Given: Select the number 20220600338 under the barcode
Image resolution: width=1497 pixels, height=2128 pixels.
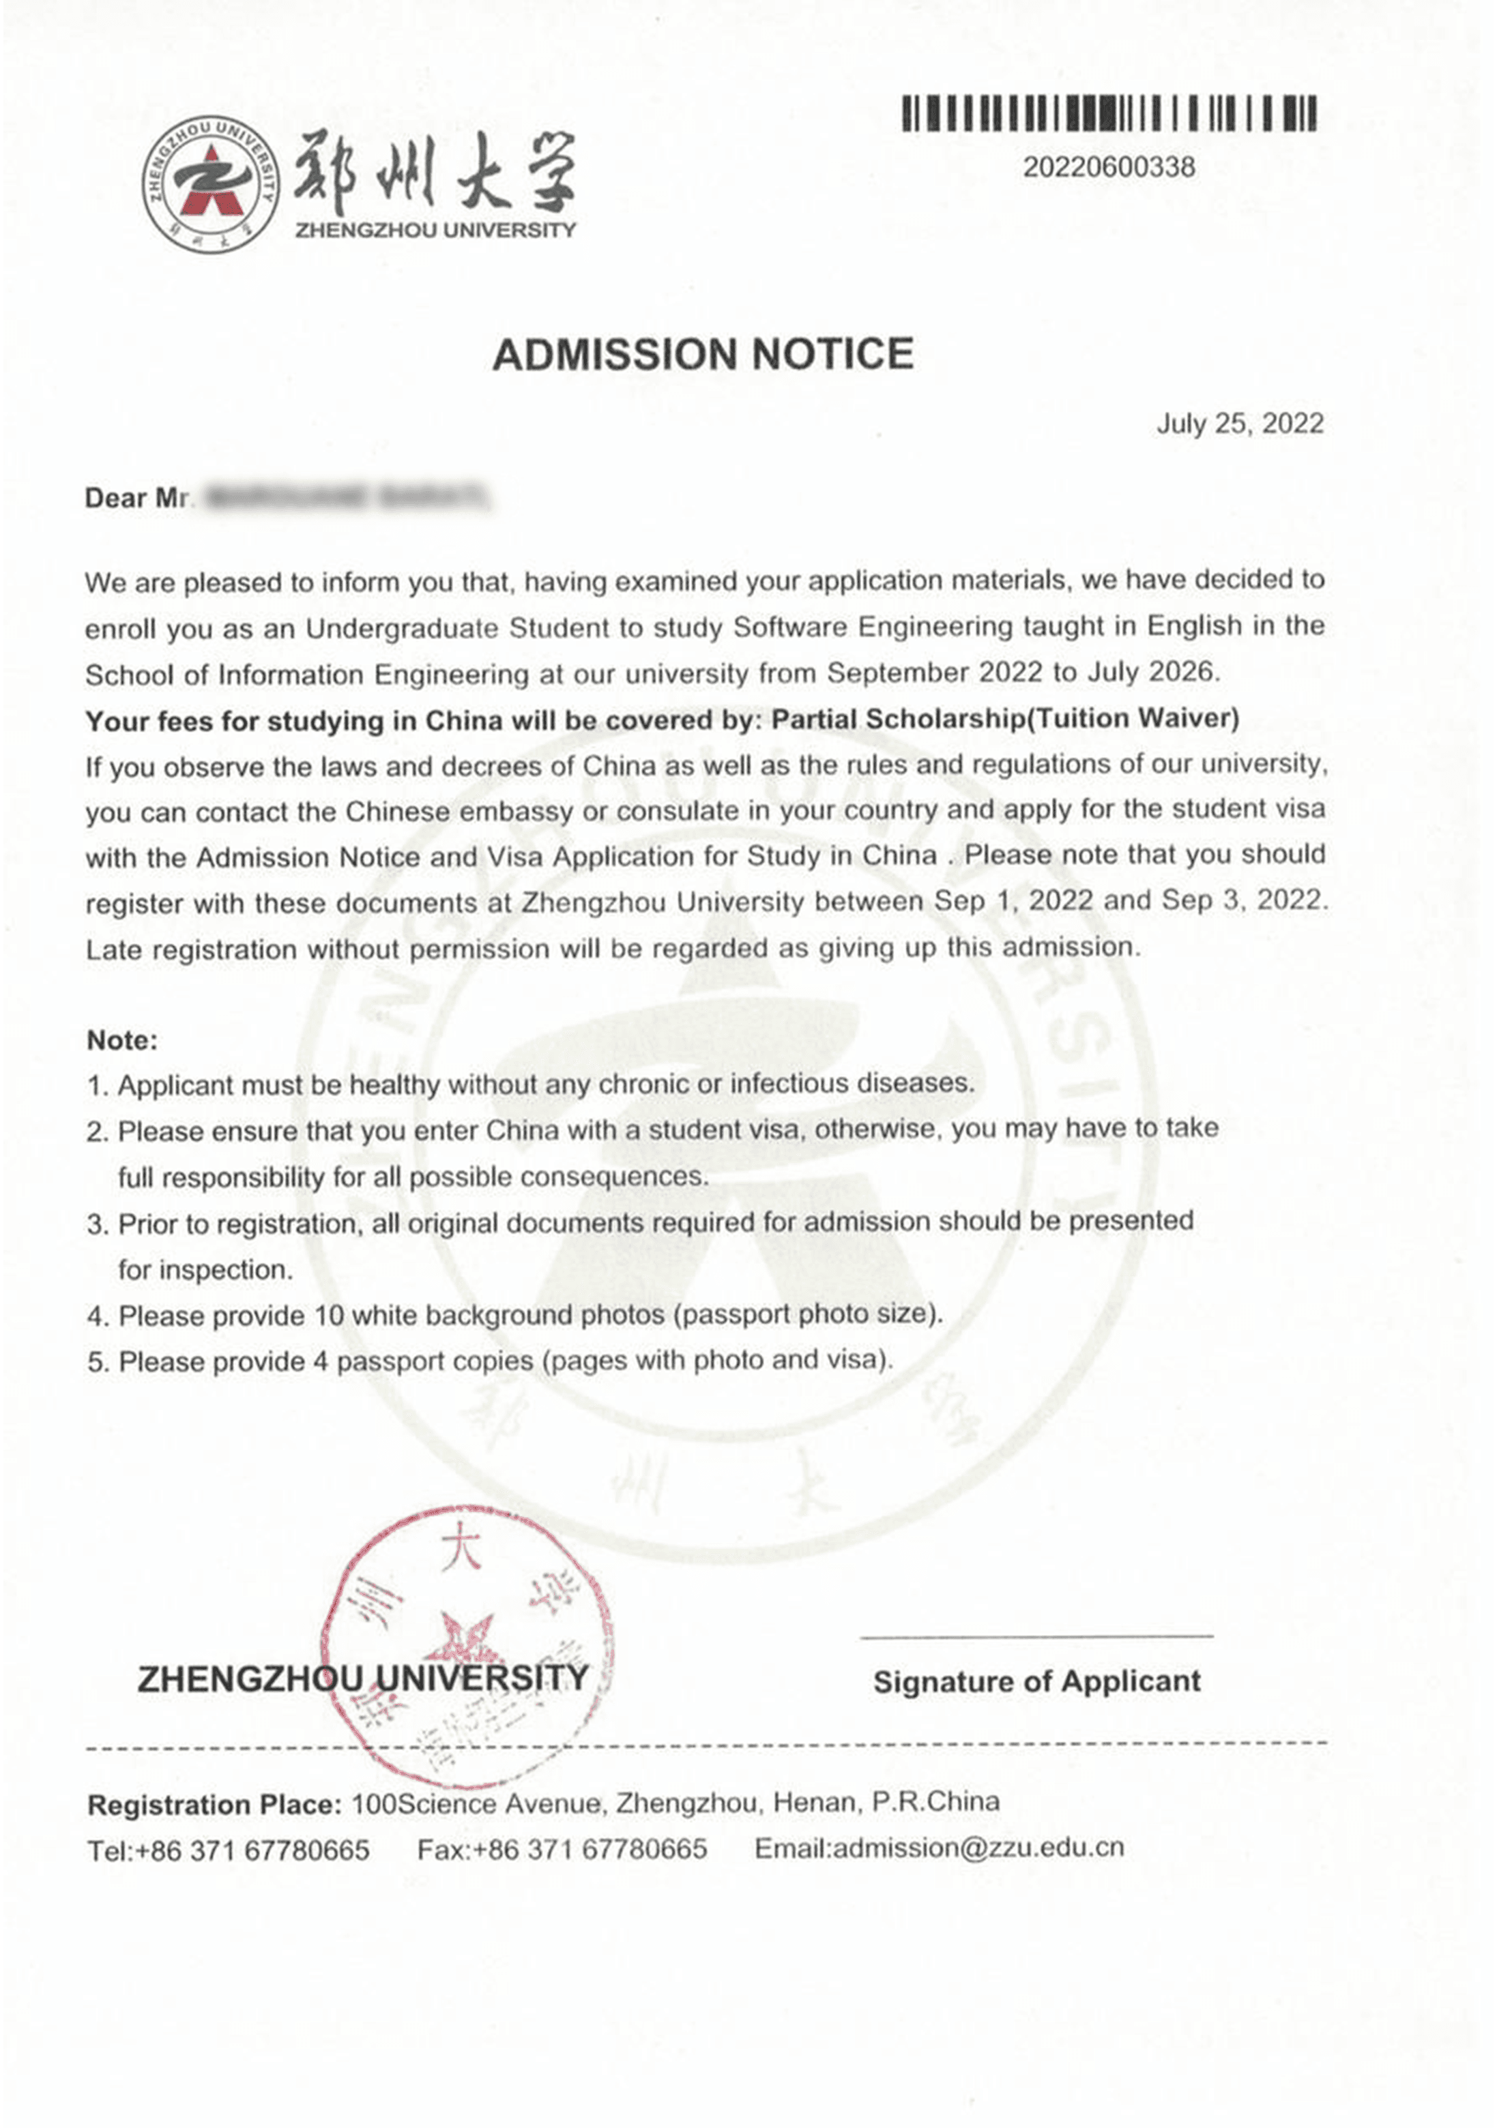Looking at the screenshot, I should [1109, 168].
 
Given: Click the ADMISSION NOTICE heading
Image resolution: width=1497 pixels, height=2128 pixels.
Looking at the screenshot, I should [703, 355].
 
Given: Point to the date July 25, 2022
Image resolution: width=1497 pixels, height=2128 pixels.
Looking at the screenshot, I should [1239, 424].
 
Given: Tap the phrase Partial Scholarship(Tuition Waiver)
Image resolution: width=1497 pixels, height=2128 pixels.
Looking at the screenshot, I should [1005, 719].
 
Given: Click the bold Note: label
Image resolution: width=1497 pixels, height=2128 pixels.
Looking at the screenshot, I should [122, 1041].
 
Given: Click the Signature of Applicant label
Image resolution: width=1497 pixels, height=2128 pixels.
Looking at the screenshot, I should [1036, 1681].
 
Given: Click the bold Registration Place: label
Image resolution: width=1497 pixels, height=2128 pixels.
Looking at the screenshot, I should [215, 1805].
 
